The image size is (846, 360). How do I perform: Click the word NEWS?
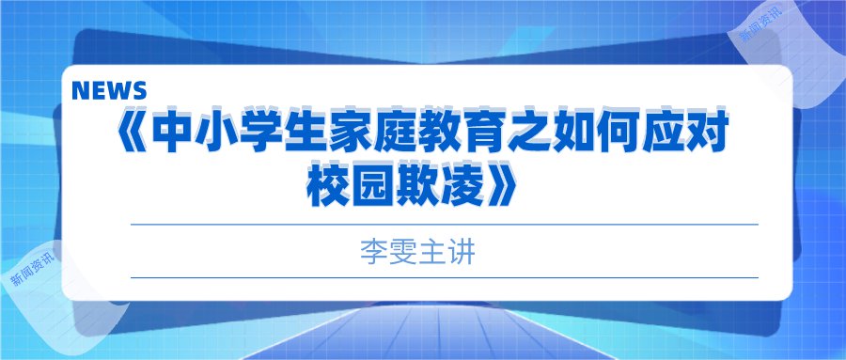pyautogui.click(x=109, y=90)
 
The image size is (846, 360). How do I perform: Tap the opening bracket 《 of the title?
pyautogui.click(x=131, y=133)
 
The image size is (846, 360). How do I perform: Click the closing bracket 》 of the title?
pyautogui.click(x=501, y=187)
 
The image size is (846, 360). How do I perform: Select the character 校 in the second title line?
pyautogui.click(x=327, y=187)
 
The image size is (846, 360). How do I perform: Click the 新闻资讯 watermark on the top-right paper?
pyautogui.click(x=760, y=23)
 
